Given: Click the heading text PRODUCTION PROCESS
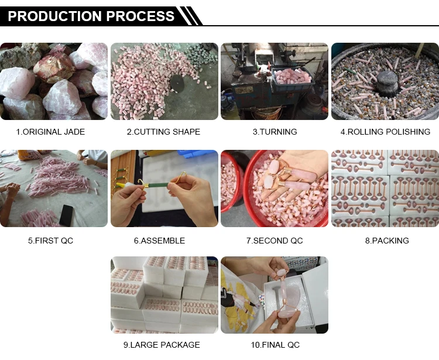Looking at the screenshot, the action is tap(91, 16).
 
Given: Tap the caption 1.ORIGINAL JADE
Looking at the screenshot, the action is tap(50, 132).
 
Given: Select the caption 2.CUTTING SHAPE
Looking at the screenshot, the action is tap(163, 132).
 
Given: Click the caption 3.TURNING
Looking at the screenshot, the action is tap(275, 132).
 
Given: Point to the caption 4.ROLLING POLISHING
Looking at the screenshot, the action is tap(385, 132).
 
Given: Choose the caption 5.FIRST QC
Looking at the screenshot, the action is tap(50, 241).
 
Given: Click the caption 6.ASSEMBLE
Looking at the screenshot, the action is tap(159, 241).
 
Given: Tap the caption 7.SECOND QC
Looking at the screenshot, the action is tap(275, 241).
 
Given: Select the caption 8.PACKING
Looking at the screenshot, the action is tap(387, 241).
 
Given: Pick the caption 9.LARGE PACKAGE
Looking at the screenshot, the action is tap(162, 345).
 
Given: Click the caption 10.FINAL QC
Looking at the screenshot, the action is tap(275, 345).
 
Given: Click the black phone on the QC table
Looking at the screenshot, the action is tap(66, 215).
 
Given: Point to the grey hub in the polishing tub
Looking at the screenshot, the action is tap(387, 83).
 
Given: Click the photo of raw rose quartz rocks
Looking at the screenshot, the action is tap(54, 81).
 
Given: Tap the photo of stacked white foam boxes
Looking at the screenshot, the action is tap(164, 295).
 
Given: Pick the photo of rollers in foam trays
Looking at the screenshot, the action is tap(385, 188).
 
